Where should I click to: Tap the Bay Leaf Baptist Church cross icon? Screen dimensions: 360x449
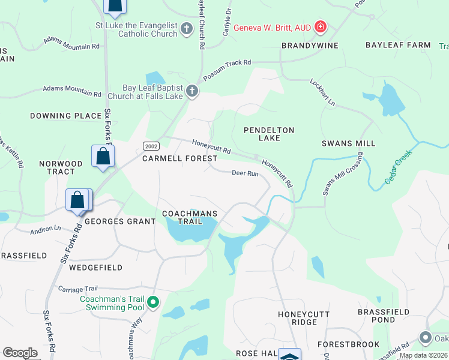coord(192,91)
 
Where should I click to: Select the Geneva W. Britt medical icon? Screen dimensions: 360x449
coord(321,27)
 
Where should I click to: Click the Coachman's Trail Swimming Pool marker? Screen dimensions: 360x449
coord(153,302)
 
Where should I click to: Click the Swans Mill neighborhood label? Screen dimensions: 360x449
coord(349,143)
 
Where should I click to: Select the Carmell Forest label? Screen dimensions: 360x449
coord(179,158)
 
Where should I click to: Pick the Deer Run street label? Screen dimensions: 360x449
coord(245,173)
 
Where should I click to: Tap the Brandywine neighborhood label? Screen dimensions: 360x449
coord(310,46)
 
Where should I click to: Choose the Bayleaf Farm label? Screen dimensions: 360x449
coord(399,45)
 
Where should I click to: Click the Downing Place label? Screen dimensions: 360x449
coord(62,116)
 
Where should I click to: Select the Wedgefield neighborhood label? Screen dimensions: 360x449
coord(95,268)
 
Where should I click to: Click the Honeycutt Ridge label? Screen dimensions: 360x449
coord(297,318)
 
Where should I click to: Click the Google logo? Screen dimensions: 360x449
coord(20,353)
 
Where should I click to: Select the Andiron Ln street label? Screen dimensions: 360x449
coord(46,229)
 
